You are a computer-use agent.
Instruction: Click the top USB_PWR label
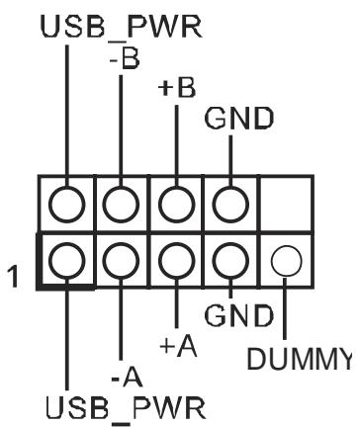click(121, 27)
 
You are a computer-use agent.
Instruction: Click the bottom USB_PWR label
click(126, 407)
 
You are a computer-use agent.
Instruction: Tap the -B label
click(125, 60)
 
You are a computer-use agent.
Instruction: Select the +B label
click(177, 88)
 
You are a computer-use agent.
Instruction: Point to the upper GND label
click(239, 118)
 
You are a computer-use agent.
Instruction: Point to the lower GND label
click(239, 315)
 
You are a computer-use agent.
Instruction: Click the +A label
click(178, 347)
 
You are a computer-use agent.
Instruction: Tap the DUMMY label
click(300, 359)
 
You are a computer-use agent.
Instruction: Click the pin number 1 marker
click(13, 277)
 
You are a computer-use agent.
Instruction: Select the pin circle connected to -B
click(121, 205)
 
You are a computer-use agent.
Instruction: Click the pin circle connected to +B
click(176, 205)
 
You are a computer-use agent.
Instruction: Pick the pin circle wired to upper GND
click(230, 205)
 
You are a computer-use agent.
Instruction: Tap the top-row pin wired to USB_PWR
click(67, 205)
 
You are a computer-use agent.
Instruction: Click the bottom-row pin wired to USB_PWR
click(67, 261)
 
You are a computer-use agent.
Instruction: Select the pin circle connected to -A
click(121, 261)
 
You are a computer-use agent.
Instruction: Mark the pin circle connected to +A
click(176, 261)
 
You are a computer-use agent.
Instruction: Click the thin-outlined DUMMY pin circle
click(286, 261)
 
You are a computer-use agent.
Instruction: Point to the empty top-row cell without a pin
click(286, 205)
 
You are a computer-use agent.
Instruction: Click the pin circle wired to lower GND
click(230, 261)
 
